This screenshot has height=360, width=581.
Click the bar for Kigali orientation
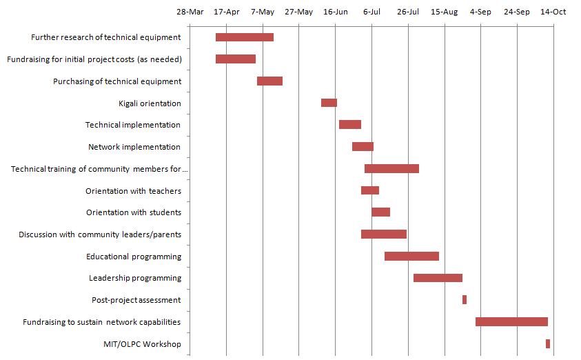329,103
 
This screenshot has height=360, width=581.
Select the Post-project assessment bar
465,300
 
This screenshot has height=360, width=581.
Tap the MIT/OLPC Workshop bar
548,343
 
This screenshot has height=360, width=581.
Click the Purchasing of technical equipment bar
269,81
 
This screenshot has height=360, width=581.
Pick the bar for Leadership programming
438,278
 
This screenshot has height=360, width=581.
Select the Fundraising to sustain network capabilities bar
511,321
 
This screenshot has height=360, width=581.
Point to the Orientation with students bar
380,212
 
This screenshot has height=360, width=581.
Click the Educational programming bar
411,257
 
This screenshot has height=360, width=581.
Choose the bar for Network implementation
363,147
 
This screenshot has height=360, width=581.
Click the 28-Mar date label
190,12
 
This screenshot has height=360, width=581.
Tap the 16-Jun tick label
335,12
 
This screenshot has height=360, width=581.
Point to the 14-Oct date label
553,12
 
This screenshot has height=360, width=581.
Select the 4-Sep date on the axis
480,12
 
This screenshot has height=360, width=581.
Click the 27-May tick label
298,12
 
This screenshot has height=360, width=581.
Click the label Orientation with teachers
133,191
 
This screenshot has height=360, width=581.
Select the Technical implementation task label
133,125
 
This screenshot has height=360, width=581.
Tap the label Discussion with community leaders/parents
100,234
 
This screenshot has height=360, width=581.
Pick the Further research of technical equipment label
106,37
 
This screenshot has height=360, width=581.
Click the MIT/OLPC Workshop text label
141,343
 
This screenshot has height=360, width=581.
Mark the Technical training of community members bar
391,169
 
